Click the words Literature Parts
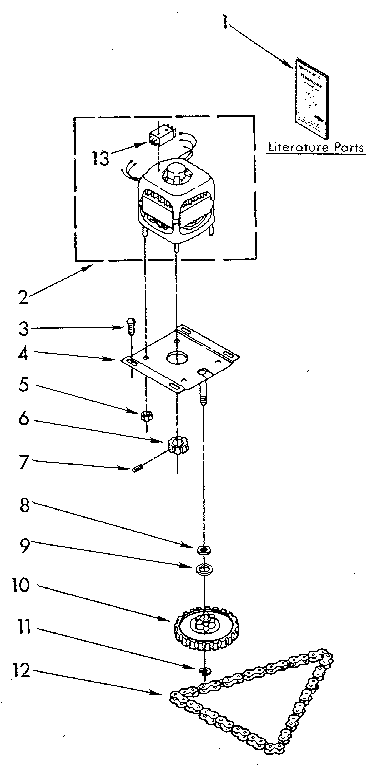[315, 149]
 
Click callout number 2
[22, 296]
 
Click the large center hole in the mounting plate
[177, 355]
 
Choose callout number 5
[22, 383]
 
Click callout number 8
[22, 507]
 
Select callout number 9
[22, 546]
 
